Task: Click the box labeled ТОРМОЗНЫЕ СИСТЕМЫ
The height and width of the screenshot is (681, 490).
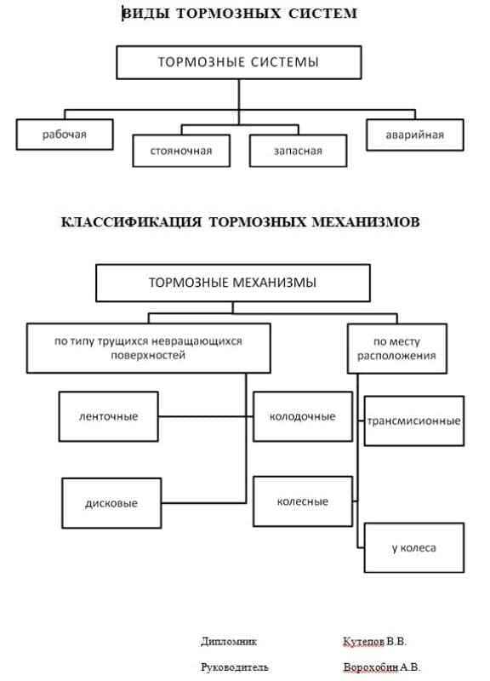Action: pos(239,62)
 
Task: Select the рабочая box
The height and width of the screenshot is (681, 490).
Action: pos(65,134)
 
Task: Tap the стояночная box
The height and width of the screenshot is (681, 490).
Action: pos(181,151)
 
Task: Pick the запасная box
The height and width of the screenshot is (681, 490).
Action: pos(298,151)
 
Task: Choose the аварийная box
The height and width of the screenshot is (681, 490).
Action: pos(415,135)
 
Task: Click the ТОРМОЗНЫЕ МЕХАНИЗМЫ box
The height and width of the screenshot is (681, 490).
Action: pos(233,283)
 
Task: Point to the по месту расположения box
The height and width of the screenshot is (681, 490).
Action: pos(397,348)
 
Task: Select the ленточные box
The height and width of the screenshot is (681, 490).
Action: pos(109,416)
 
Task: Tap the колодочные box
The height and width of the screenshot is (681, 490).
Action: pos(303,416)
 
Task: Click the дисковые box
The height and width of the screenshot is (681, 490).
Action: pos(111,503)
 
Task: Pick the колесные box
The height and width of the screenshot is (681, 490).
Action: pos(303,501)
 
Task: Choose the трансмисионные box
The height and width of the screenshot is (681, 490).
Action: pos(414,421)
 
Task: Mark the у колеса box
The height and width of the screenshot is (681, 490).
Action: pos(414,547)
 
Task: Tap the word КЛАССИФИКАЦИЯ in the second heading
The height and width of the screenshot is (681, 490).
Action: pos(131,222)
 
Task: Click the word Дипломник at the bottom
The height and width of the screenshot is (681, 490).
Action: pos(229,642)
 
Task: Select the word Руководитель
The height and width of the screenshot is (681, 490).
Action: pos(235,667)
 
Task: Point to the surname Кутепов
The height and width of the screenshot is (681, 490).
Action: pos(364,642)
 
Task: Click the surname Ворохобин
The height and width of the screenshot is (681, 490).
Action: pos(371,667)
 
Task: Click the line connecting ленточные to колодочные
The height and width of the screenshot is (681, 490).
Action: pos(206,416)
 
